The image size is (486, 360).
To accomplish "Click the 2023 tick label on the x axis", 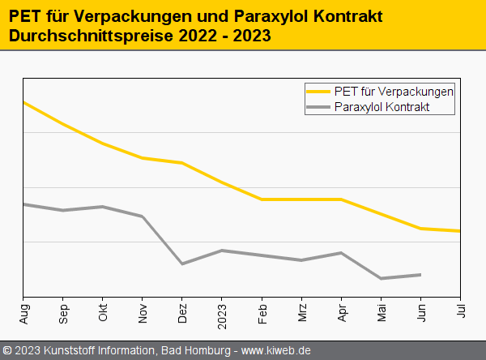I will pyautogui.click(x=222, y=313).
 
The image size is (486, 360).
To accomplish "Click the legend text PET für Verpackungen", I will pyautogui.click(x=394, y=91).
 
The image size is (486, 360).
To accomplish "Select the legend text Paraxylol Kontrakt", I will pyautogui.click(x=382, y=107).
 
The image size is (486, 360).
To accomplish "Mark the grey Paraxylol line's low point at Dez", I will pyautogui.click(x=182, y=264).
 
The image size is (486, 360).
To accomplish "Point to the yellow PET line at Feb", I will pyautogui.click(x=262, y=199).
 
